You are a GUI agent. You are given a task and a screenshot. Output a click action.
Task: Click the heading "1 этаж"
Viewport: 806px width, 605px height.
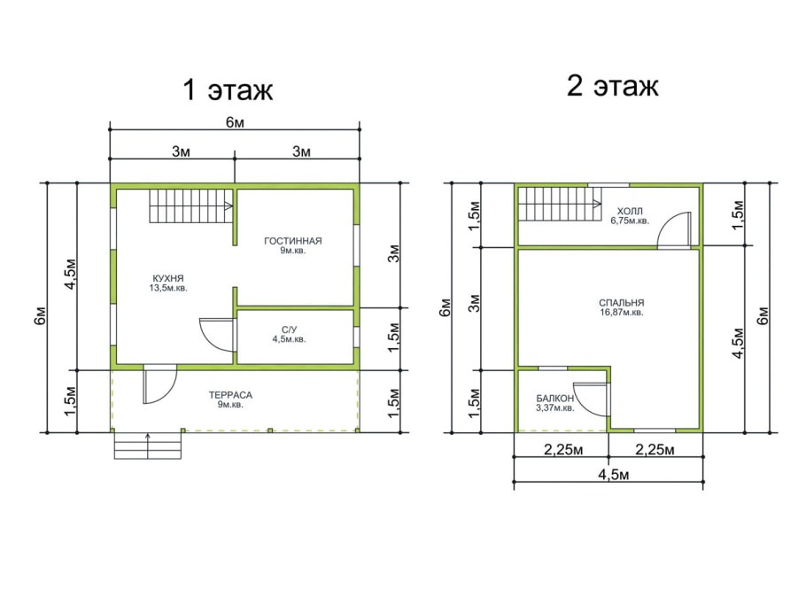[228, 90]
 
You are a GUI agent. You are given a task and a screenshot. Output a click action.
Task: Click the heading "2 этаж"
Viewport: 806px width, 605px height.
[612, 85]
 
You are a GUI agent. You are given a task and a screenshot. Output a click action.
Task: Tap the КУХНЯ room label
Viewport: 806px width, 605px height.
[168, 279]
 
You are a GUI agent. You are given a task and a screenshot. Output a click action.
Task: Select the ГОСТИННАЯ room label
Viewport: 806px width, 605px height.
[293, 241]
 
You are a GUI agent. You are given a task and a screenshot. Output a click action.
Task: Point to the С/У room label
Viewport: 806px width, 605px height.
[289, 330]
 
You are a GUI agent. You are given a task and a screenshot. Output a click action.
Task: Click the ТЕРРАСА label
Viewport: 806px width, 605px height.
[230, 395]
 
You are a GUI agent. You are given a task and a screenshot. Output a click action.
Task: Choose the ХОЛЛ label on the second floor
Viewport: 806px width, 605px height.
[630, 211]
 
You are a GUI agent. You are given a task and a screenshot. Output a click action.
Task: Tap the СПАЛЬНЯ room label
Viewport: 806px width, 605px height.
[622, 303]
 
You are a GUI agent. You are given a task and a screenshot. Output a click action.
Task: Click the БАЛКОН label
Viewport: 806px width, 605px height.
[555, 399]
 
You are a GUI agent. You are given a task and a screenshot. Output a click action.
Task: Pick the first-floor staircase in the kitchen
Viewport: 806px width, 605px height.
[191, 206]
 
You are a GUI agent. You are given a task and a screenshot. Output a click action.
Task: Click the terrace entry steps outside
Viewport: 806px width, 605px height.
[148, 446]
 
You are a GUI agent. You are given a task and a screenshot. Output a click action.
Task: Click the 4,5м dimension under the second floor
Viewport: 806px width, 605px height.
[613, 475]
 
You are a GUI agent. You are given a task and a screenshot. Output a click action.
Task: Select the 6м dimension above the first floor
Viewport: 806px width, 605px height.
[235, 123]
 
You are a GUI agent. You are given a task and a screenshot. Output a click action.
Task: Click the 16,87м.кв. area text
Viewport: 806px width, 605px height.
[622, 312]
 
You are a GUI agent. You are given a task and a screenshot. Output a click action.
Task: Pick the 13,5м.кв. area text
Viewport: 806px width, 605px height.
[168, 288]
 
